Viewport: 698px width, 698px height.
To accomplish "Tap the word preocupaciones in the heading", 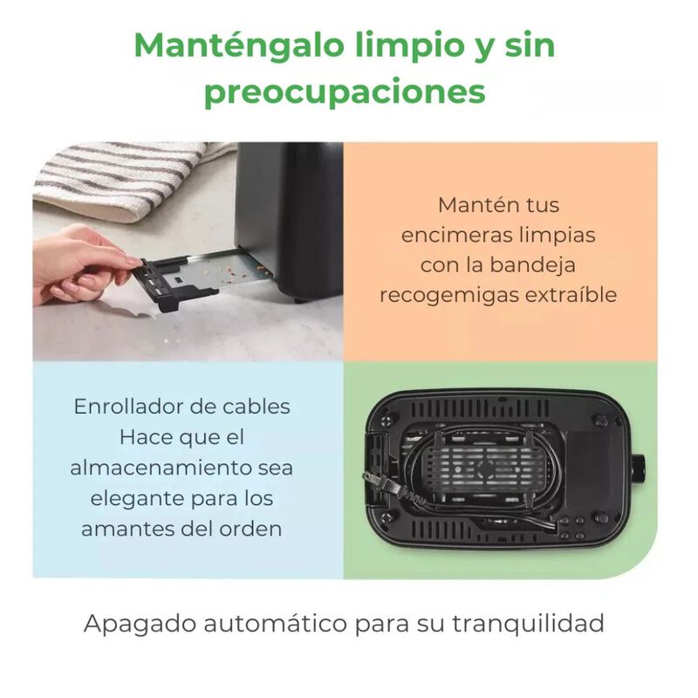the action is coord(345,92).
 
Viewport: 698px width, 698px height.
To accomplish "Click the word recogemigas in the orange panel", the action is coord(449,296).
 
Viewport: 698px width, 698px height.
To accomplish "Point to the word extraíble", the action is coord(571,295).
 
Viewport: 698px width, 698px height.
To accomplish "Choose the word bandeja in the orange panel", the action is coord(533,264).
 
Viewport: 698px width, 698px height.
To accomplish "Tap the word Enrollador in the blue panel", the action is coord(127,407).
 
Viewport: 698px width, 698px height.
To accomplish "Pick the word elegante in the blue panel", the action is coord(132,499).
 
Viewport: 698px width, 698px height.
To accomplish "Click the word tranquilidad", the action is coord(529,623).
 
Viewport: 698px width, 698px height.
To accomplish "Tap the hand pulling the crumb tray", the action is coord(80,266).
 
